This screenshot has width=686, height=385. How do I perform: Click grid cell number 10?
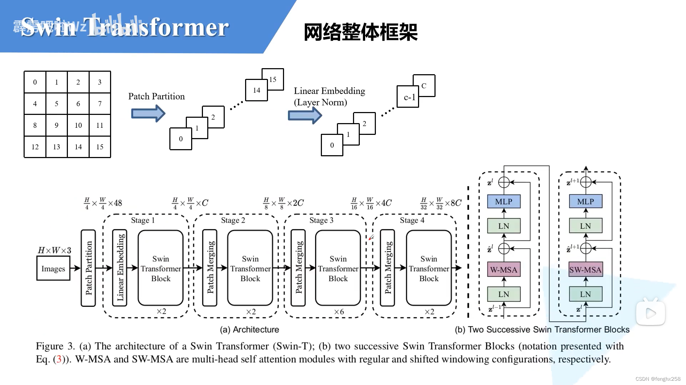click(x=78, y=125)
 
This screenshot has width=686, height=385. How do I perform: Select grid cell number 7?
click(x=100, y=103)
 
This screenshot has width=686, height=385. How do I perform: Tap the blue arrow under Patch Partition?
click(x=148, y=114)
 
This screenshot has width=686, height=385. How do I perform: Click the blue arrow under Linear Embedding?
click(x=305, y=116)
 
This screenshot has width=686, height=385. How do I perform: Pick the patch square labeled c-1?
click(x=408, y=97)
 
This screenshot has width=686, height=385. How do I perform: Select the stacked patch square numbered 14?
click(x=256, y=91)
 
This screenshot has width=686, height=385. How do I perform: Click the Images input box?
click(x=53, y=269)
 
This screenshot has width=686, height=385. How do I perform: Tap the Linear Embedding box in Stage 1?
click(x=120, y=268)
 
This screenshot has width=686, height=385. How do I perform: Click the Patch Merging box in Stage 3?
click(x=298, y=268)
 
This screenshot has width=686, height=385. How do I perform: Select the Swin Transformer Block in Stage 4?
click(x=429, y=268)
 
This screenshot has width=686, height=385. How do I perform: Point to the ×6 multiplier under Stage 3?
click(x=339, y=312)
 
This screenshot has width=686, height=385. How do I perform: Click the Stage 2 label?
click(x=233, y=220)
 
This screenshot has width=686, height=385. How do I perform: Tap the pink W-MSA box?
click(x=503, y=270)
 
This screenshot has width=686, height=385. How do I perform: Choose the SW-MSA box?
click(x=585, y=270)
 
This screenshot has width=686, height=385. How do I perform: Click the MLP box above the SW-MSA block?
click(x=585, y=202)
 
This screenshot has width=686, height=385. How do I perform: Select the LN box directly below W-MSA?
click(x=503, y=294)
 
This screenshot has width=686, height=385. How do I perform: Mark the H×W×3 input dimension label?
click(x=54, y=250)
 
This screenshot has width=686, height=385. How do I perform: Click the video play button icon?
click(x=650, y=313)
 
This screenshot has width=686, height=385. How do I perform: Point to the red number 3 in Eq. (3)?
click(x=59, y=359)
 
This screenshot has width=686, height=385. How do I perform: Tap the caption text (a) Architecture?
click(x=249, y=330)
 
